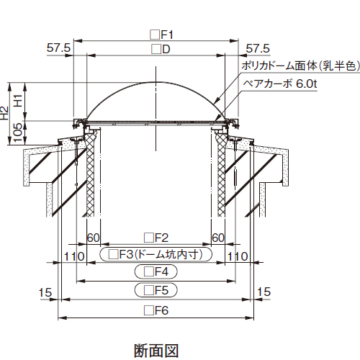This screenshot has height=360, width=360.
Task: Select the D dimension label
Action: (x=161, y=50)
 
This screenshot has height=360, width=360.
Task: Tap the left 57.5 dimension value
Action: (x=58, y=48)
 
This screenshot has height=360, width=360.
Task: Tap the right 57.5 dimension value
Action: (x=258, y=48)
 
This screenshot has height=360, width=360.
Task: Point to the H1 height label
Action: (x=18, y=101)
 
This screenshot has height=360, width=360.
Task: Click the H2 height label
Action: (x=4, y=113)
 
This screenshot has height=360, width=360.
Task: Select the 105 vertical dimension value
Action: (x=18, y=132)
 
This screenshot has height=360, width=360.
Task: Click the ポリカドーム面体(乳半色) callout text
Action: (x=301, y=66)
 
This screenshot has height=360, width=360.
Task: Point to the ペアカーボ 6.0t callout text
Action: (x=280, y=84)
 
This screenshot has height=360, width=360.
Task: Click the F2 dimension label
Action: (x=156, y=238)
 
